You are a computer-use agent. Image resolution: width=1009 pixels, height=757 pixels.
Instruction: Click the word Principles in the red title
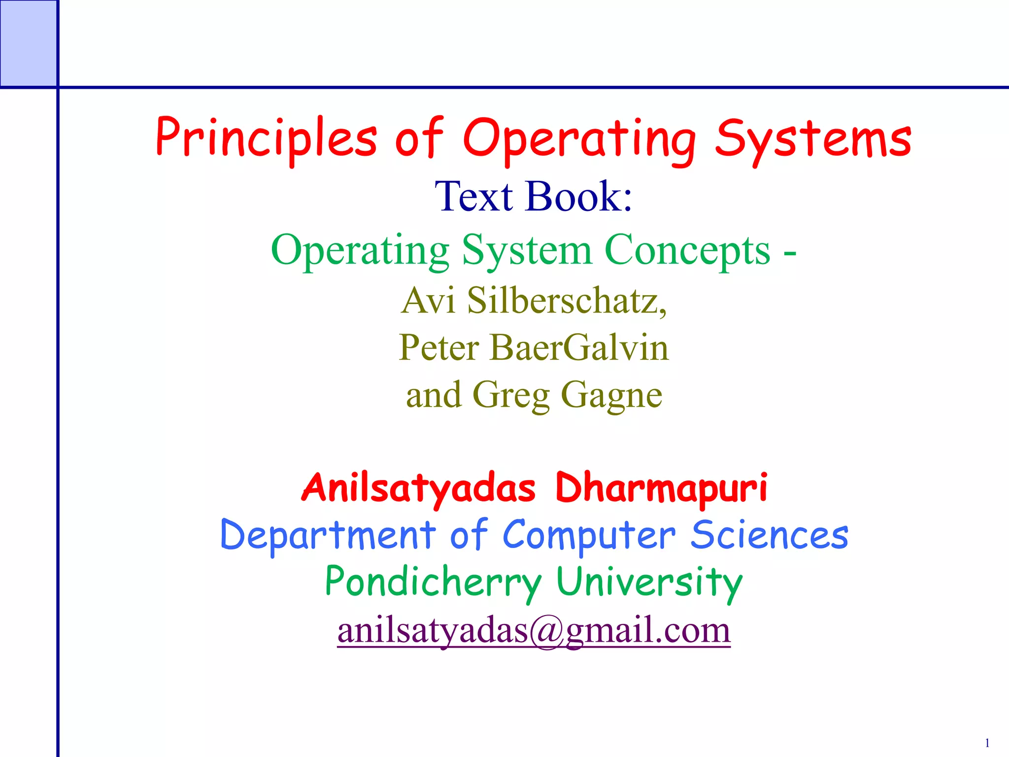266,138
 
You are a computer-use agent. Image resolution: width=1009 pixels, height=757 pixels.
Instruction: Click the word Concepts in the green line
687,250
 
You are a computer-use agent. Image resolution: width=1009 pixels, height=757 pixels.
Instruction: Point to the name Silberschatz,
567,300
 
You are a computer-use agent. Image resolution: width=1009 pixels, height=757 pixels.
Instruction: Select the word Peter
438,347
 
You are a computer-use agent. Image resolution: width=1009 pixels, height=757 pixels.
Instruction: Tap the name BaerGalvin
579,347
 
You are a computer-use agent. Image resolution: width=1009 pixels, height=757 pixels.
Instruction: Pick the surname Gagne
612,395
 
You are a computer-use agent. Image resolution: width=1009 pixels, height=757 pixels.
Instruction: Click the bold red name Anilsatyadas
418,488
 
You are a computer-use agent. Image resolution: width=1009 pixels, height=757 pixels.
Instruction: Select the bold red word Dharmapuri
661,488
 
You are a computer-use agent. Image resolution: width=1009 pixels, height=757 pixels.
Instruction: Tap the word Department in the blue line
328,535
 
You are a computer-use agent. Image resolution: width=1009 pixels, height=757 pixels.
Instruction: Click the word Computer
589,535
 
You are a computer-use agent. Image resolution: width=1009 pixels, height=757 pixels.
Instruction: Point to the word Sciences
769,535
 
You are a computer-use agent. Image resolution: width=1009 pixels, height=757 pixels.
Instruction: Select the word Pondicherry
433,582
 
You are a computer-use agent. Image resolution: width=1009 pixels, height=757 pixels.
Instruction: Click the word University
649,582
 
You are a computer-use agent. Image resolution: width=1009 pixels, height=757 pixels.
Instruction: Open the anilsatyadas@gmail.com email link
534,630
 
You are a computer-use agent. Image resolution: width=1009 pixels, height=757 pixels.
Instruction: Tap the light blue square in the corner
28,43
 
